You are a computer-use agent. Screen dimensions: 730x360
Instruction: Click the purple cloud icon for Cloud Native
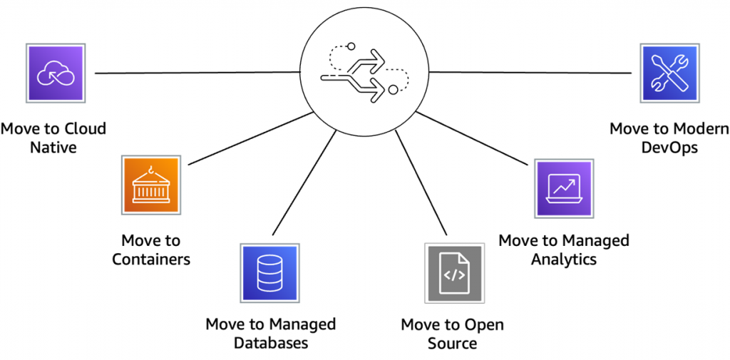pyautogui.click(x=56, y=73)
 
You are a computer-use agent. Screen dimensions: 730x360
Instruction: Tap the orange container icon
pyautogui.click(x=150, y=185)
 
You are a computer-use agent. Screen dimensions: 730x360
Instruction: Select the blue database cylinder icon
pyautogui.click(x=269, y=273)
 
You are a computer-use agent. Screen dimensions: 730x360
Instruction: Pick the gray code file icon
pyautogui.click(x=453, y=273)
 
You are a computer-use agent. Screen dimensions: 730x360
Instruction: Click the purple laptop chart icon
pyautogui.click(x=564, y=188)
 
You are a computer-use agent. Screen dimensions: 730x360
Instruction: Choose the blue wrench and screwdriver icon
pyautogui.click(x=669, y=73)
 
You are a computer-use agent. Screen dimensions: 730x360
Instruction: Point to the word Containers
pyautogui.click(x=151, y=259)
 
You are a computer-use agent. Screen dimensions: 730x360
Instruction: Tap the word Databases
pyautogui.click(x=270, y=343)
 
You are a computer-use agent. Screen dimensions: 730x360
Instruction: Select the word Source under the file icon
pyautogui.click(x=452, y=343)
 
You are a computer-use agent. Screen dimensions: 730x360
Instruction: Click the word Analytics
pyautogui.click(x=564, y=259)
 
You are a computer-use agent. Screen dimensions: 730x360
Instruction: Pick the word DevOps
pyautogui.click(x=669, y=147)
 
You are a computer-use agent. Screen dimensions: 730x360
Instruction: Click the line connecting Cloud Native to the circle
pyautogui.click(x=197, y=73)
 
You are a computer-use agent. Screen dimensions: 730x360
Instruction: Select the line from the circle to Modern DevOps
pyautogui.click(x=530, y=72)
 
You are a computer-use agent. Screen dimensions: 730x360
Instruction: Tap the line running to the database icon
pyautogui.click(x=304, y=182)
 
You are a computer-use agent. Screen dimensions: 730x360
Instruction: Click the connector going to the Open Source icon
pyautogui.click(x=421, y=182)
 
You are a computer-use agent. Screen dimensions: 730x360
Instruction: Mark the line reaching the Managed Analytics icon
pyautogui.click(x=472, y=138)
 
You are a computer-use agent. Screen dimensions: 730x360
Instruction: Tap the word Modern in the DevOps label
pyautogui.click(x=698, y=128)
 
